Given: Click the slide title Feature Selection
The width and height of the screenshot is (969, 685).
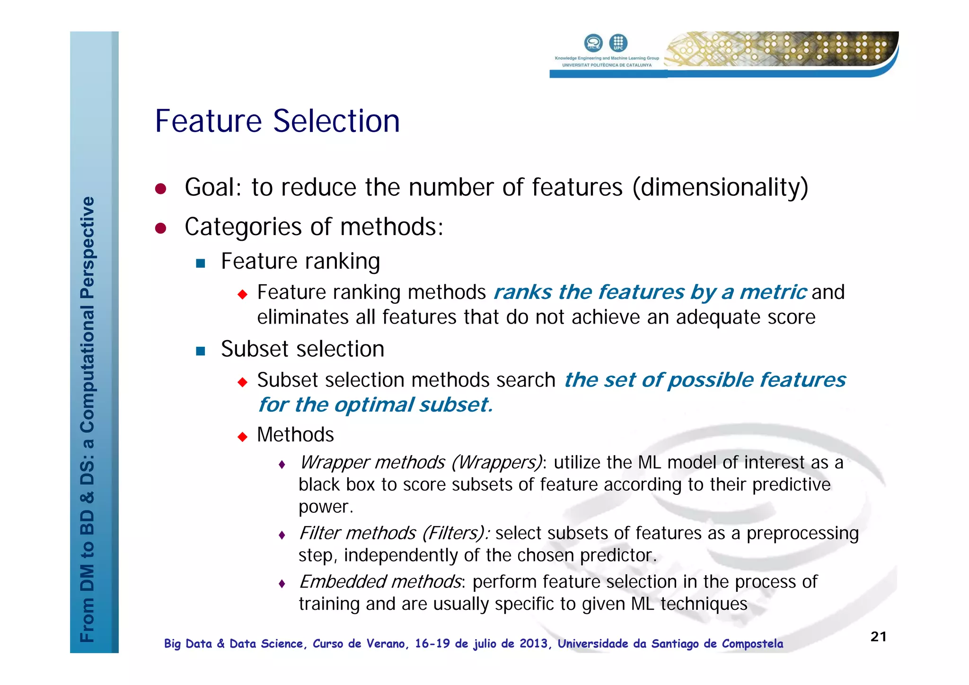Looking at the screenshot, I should pyautogui.click(x=277, y=121).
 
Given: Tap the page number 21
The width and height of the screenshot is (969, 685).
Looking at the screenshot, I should pyautogui.click(x=878, y=637).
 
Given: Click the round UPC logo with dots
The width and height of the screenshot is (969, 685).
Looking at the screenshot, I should pyautogui.click(x=618, y=43).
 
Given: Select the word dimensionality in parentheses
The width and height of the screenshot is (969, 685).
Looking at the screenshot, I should pyautogui.click(x=720, y=187).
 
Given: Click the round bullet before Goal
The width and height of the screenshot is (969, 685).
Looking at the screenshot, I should pyautogui.click(x=161, y=189).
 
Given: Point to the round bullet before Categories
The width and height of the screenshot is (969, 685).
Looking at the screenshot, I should pyautogui.click(x=161, y=228).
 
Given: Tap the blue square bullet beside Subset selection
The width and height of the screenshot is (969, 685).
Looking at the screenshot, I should pyautogui.click(x=201, y=351).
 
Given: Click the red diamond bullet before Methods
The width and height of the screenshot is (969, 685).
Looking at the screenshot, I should pyautogui.click(x=243, y=436).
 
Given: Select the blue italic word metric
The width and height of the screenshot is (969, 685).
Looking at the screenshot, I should pyautogui.click(x=773, y=292).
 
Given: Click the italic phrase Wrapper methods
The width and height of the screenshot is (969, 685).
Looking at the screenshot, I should pyautogui.click(x=372, y=462).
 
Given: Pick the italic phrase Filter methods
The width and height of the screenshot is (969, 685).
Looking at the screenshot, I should pyautogui.click(x=358, y=533).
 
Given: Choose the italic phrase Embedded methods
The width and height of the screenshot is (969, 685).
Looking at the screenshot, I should pyautogui.click(x=380, y=582).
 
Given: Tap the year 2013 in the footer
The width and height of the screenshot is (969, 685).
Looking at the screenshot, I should pyautogui.click(x=533, y=644).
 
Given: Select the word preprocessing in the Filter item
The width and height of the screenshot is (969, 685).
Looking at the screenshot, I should pyautogui.click(x=802, y=533).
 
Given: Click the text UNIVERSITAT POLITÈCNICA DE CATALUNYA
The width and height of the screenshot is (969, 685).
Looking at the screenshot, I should pyautogui.click(x=607, y=65).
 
